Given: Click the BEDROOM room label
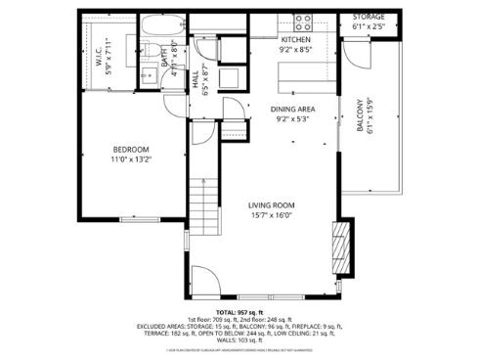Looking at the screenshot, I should coord(130,149).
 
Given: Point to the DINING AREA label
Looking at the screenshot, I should coord(291,110).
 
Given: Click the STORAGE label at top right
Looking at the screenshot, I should coord(369,18).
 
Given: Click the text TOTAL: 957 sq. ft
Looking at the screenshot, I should coord(239,312).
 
